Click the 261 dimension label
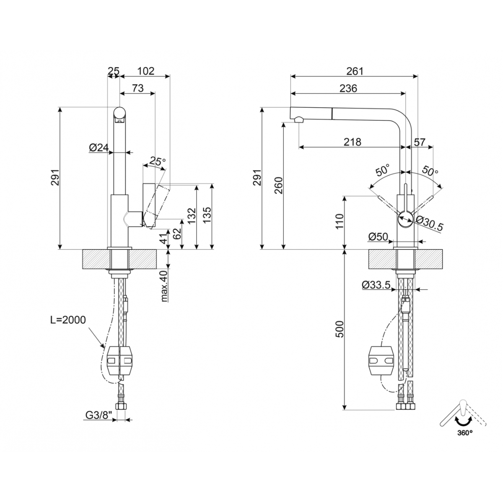click(x=355, y=71)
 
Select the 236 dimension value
click(x=348, y=88)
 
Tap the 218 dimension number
click(x=353, y=142)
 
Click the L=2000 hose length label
click(x=66, y=321)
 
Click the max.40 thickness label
click(x=164, y=286)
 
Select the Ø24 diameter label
click(x=99, y=148)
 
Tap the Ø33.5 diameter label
click(x=376, y=285)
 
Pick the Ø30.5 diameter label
click(x=429, y=226)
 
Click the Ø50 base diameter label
click(x=378, y=237)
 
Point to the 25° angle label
click(x=158, y=161)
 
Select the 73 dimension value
click(x=138, y=88)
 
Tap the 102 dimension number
click(x=146, y=71)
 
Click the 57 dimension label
click(x=420, y=142)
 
